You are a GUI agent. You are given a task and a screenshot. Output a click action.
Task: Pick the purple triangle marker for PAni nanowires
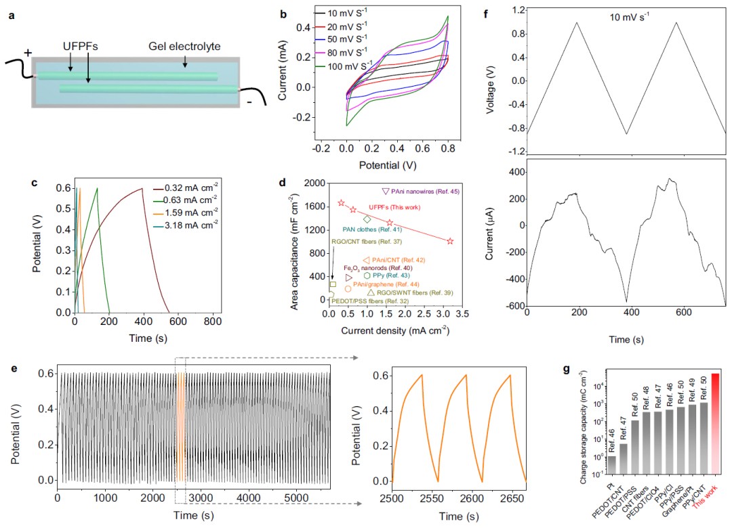(x=386, y=192)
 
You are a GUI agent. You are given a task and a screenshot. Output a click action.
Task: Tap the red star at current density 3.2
(x=450, y=241)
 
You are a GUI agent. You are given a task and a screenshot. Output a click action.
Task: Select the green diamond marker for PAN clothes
(x=367, y=219)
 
